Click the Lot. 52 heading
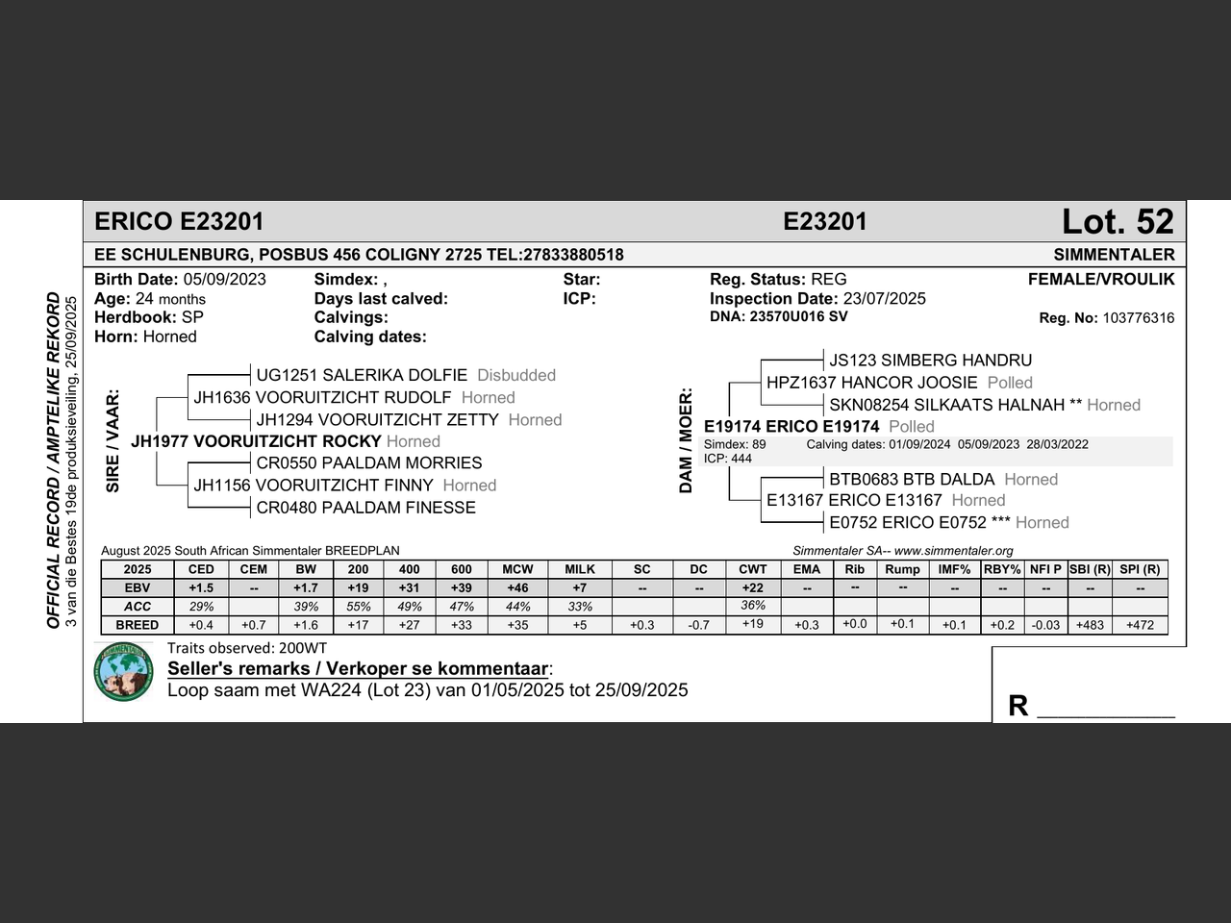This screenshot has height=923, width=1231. [1118, 222]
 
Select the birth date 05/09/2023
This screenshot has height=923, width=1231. [224, 280]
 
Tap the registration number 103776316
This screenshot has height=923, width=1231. [1138, 318]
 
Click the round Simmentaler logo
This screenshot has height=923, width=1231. [124, 671]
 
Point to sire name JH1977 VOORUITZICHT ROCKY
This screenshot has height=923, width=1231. [256, 441]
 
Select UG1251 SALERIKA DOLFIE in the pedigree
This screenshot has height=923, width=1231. [362, 375]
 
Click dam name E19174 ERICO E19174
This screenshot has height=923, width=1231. [791, 426]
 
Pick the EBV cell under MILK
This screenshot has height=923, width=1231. [579, 587]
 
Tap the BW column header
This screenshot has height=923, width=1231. [306, 569]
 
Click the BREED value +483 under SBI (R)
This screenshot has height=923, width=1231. [1090, 625]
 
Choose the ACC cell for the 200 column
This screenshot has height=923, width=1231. [358, 607]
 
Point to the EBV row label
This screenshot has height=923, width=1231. [137, 587]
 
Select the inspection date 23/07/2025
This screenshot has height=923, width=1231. [884, 299]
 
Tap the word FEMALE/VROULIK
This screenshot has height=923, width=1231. [1101, 280]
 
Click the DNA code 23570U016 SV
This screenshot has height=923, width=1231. [798, 316]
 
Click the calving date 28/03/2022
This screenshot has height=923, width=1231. [1057, 444]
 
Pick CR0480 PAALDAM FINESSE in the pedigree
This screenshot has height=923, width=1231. [365, 508]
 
